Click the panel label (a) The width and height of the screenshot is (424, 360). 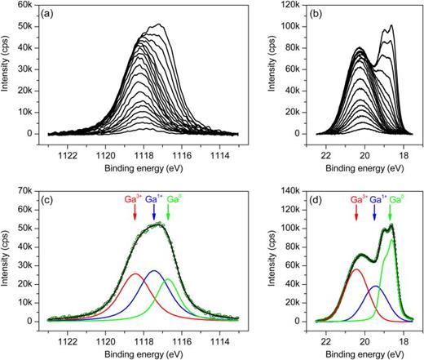(x=57, y=14)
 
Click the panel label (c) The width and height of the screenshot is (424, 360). (x=57, y=200)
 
